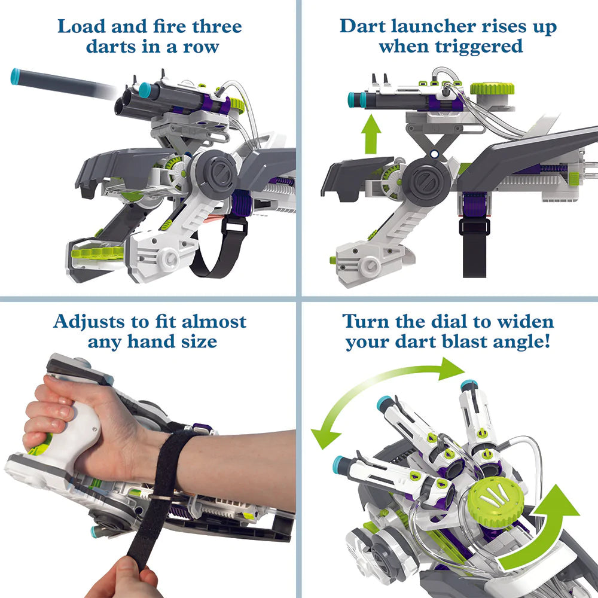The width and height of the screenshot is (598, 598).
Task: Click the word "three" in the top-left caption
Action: [x=216, y=27]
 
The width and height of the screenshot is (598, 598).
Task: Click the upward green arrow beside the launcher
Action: [x=371, y=134]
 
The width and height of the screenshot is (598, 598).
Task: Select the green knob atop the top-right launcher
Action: [x=492, y=89]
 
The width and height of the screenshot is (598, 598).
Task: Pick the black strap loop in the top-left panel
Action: [x=221, y=248]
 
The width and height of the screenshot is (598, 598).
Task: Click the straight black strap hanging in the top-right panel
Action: [x=474, y=248]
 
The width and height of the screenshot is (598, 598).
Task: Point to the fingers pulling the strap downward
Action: [x=122, y=578]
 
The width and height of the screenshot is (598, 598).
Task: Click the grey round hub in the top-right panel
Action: [x=426, y=180]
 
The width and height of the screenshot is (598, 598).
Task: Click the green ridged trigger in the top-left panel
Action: [x=97, y=252]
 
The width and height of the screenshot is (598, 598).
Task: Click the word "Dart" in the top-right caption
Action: [x=363, y=27]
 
